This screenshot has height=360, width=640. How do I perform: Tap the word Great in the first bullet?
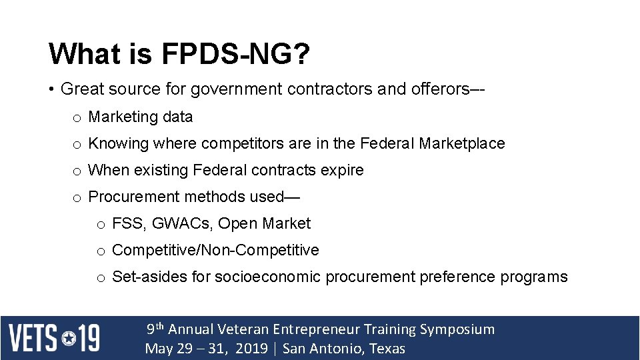point(81,89)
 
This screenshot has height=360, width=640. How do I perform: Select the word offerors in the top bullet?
point(441,89)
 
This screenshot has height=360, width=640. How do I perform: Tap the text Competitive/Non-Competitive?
point(215,250)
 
